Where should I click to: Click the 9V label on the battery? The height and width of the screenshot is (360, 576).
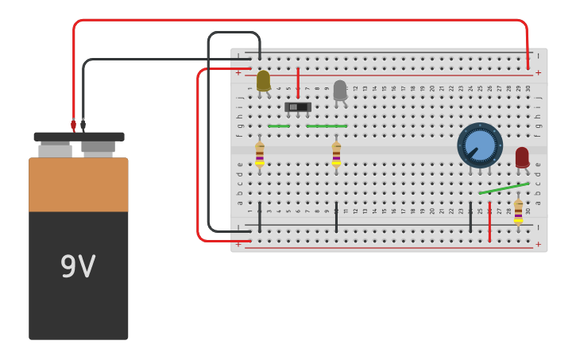(78, 267)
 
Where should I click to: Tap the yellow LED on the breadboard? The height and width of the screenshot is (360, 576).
(263, 80)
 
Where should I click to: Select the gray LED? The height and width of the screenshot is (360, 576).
(340, 90)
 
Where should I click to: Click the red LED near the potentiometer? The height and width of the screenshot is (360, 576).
(521, 157)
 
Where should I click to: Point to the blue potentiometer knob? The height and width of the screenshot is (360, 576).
(480, 145)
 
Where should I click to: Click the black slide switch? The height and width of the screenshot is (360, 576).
(298, 106)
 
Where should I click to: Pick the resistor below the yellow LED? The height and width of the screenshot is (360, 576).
(260, 154)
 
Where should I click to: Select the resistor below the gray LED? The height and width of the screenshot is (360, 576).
(336, 154)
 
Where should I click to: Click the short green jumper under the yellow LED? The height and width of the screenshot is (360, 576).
(278, 126)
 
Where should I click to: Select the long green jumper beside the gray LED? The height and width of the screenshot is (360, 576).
(327, 126)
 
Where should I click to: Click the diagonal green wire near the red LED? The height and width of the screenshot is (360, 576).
(504, 188)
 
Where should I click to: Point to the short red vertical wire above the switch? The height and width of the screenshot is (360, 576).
(298, 82)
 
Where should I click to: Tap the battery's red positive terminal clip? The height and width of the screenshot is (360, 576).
(73, 125)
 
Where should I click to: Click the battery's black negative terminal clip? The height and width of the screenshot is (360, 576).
(83, 125)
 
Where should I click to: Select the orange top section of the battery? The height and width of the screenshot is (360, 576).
(78, 184)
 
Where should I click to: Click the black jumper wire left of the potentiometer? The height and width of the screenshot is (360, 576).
(470, 216)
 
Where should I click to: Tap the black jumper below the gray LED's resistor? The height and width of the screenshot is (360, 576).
(336, 216)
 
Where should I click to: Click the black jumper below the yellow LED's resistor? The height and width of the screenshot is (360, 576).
(260, 216)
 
